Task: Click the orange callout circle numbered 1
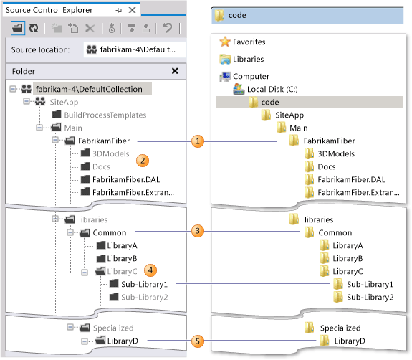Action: pos(198,141)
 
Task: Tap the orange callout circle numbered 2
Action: pos(143,159)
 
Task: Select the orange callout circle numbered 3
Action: pos(198,232)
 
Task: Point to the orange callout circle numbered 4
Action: pos(150,270)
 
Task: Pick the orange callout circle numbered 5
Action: pos(198,341)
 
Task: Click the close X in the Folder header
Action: pos(175,72)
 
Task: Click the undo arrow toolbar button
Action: pos(167,29)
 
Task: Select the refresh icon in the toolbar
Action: pos(33,29)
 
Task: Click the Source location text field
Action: pos(133,49)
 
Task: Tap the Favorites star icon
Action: pos(225,42)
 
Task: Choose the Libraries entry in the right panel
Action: pos(247,59)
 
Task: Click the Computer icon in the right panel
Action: pos(225,76)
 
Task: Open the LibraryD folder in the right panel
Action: pos(348,341)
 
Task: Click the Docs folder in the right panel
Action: pos(326,166)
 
